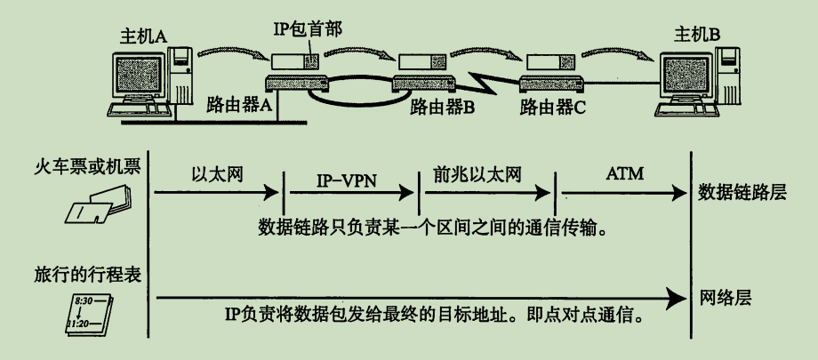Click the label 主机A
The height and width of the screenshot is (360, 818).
click(x=143, y=36)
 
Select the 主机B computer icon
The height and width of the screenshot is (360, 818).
click(x=699, y=84)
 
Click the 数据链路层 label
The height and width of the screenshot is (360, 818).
click(x=742, y=192)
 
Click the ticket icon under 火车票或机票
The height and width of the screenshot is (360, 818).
click(x=98, y=204)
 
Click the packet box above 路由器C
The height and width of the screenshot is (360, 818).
click(x=544, y=63)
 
